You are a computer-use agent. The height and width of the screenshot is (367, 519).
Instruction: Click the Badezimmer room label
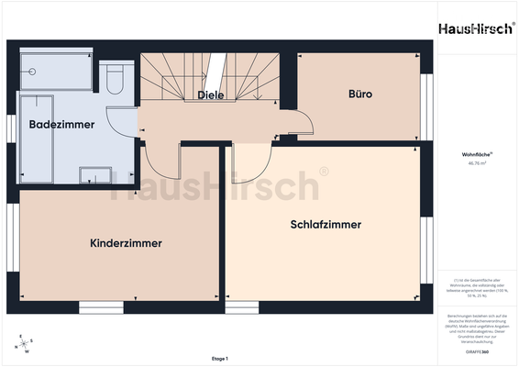61,124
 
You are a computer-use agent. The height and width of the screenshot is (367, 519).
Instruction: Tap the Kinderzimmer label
126,243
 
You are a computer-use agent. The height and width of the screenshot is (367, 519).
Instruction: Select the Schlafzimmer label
326,224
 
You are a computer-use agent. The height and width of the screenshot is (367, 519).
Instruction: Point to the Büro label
359,94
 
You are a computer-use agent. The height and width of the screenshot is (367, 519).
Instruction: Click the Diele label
211,95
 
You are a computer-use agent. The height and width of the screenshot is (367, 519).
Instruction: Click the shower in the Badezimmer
57,70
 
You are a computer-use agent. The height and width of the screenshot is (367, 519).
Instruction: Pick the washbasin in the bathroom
95,174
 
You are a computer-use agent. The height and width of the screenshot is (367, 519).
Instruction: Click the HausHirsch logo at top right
474,28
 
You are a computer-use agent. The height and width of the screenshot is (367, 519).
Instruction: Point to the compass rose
21,345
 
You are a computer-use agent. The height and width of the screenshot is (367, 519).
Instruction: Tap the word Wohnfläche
474,156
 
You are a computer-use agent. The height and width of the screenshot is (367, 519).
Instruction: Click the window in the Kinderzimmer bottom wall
102,307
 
